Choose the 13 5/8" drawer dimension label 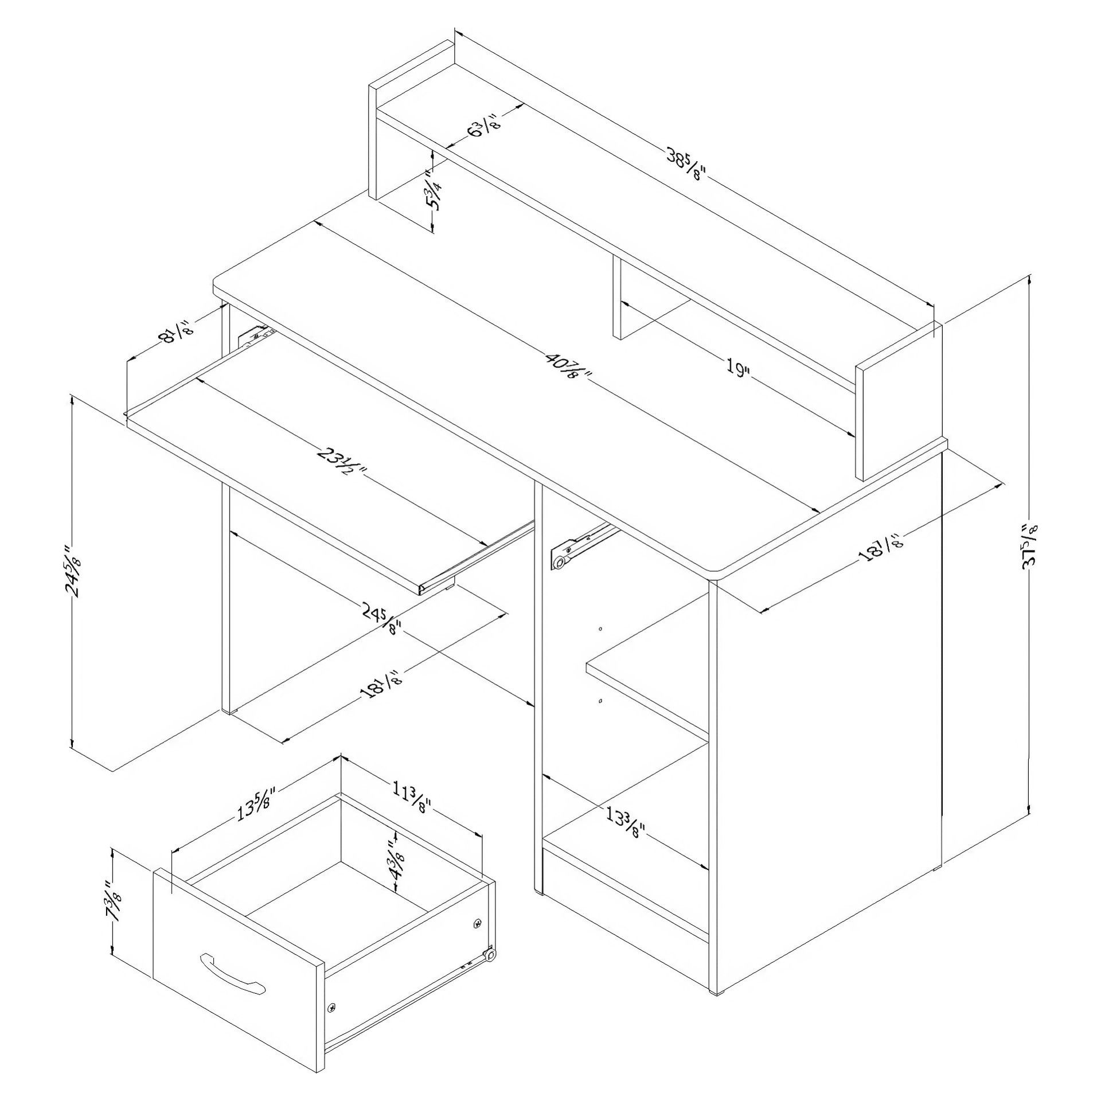point(257,807)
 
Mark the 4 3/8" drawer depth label point(396,860)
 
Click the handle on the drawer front point(232,971)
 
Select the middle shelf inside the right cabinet point(647,682)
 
